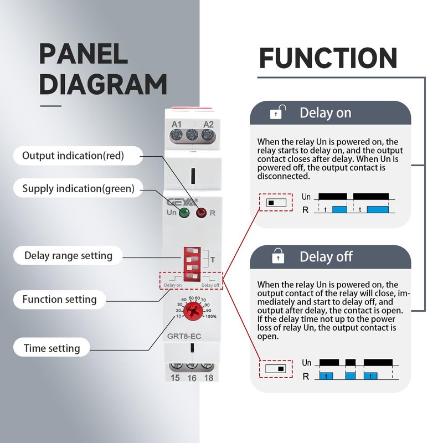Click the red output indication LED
coord(202,212)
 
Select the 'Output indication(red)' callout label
coord(73,156)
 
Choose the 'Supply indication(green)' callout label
coord(78,189)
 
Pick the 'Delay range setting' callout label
coord(68,256)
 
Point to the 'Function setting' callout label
coord(59,300)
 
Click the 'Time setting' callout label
coord(51,348)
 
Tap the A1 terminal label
coord(177,123)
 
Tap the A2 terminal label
coord(208,123)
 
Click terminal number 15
coord(176,378)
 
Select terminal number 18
coord(208,378)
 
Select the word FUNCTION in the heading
coord(328,58)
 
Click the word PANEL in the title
coord(84,54)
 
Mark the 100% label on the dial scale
coord(211,316)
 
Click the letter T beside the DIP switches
coord(212,259)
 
